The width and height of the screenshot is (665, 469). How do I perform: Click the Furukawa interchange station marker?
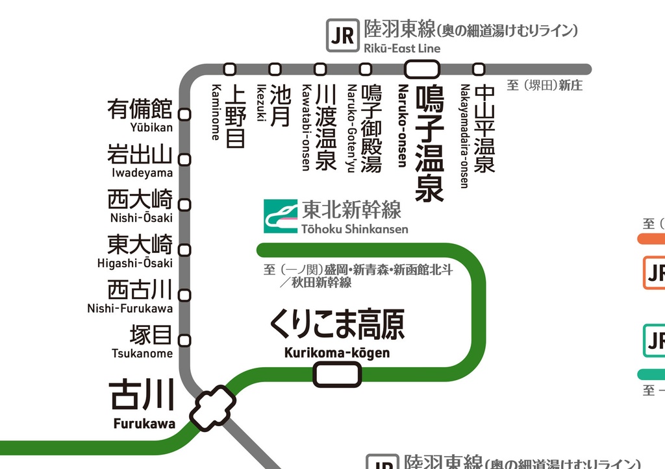[x=212, y=408]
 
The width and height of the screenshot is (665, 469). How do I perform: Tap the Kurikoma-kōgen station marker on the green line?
[x=337, y=374]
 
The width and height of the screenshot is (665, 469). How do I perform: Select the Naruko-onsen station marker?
[x=422, y=69]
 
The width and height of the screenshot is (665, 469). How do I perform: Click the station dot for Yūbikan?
[x=185, y=114]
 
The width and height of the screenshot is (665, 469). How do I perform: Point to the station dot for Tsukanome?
[x=185, y=340]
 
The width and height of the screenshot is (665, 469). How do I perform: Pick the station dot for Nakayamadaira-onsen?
[x=479, y=69]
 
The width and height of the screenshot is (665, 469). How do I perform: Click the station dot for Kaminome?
[x=229, y=69]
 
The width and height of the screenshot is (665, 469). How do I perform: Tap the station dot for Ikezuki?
[x=275, y=69]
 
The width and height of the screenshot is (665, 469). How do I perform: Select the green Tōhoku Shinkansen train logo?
[x=280, y=216]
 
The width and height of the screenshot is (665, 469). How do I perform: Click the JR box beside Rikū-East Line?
[x=342, y=36]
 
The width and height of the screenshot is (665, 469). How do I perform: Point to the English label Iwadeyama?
[x=142, y=173]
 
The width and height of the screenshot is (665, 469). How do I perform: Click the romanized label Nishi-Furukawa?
[x=130, y=308]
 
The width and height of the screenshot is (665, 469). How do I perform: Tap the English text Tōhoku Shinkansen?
[x=355, y=229]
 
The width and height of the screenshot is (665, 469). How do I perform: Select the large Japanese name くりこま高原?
[x=337, y=324]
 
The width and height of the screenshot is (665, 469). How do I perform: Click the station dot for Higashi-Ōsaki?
[x=185, y=250]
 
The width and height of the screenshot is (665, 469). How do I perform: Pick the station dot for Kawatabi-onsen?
[x=320, y=69]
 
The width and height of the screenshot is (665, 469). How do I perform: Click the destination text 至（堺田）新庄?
[x=544, y=85]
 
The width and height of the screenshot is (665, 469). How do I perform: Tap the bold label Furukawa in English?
[x=144, y=424]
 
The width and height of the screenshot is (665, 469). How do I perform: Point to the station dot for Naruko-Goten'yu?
[x=366, y=69]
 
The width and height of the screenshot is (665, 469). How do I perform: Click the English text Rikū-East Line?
[x=402, y=48]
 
